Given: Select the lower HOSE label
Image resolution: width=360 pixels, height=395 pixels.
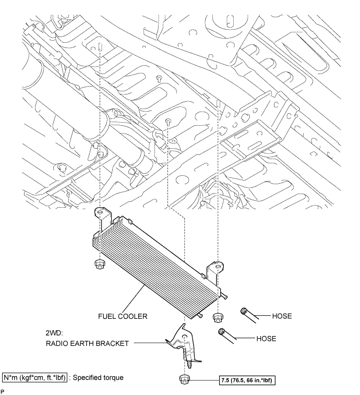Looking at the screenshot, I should click(x=266, y=338).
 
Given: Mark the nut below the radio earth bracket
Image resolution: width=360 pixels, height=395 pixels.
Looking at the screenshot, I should click(x=184, y=379).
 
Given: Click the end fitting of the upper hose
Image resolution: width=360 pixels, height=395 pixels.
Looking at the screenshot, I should click(x=244, y=312).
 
